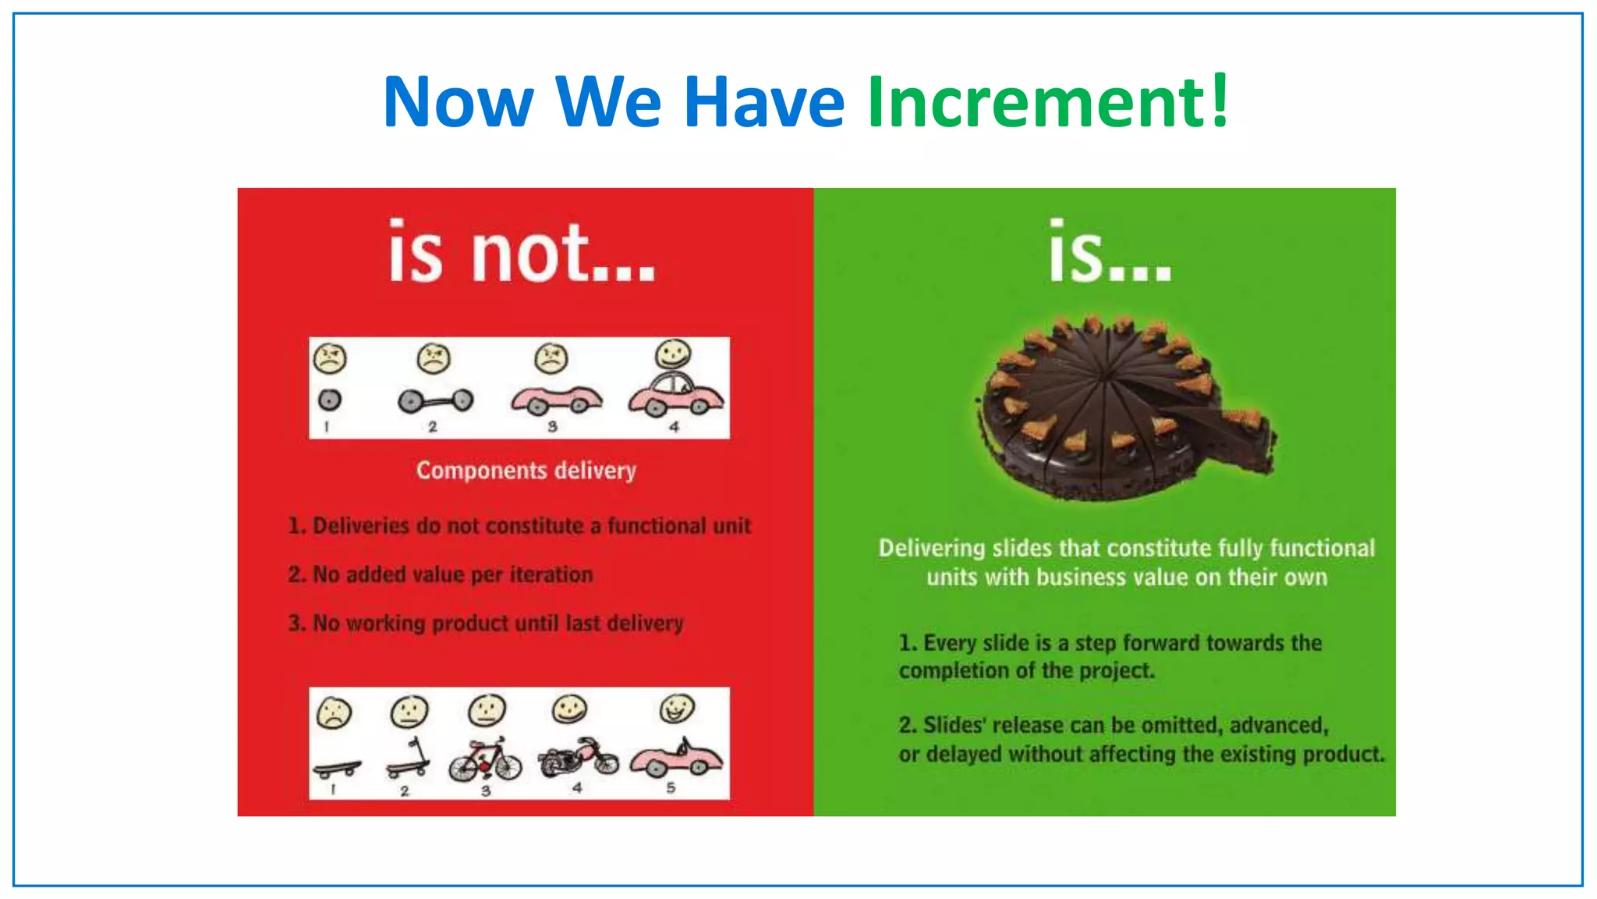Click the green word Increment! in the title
[1047, 101]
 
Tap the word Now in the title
[459, 101]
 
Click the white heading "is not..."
[522, 252]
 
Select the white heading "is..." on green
[1109, 252]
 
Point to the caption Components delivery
[526, 471]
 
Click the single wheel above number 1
[330, 400]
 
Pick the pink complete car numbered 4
[676, 395]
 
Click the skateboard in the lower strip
[337, 769]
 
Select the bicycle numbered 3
[485, 759]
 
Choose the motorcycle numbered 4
[578, 757]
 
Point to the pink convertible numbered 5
[676, 759]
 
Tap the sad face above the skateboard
[334, 712]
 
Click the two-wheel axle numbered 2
[435, 401]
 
